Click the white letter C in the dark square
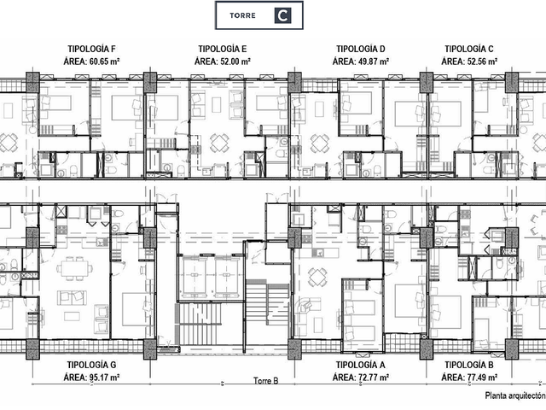tap(282, 15)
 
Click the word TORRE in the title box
tap(242, 15)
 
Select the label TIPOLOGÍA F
tap(91, 49)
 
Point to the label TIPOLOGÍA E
tap(223, 49)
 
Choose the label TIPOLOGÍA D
tap(361, 49)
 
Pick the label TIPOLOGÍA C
tap(469, 49)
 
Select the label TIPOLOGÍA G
tap(91, 365)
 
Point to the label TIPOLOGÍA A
tap(361, 365)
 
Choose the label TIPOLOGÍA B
tap(469, 365)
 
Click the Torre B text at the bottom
tap(266, 381)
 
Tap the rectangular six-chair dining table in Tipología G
tap(75, 268)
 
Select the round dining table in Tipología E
tap(219, 143)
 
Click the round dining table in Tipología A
tap(318, 278)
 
